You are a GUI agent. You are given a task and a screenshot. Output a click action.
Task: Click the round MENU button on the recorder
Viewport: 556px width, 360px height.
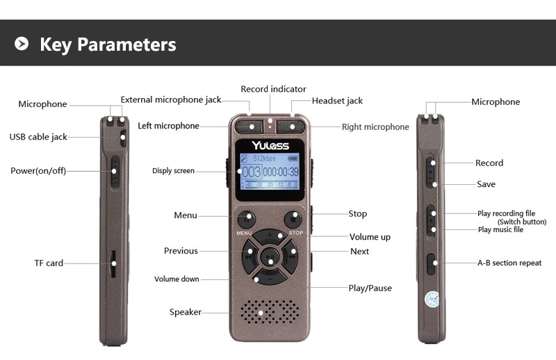[x=247, y=220]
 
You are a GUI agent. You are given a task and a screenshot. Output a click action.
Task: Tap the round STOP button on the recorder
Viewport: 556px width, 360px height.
[x=293, y=220]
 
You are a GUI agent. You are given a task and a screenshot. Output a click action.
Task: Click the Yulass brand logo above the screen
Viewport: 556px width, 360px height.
[x=270, y=145]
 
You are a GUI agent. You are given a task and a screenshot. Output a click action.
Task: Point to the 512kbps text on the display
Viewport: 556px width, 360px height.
[x=264, y=158]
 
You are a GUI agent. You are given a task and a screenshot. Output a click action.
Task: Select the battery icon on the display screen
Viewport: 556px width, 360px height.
[x=293, y=158]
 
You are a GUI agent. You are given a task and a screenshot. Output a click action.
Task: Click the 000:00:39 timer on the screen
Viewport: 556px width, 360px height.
[x=281, y=172]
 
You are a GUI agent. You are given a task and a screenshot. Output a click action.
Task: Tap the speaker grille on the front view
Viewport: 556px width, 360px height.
[x=270, y=312]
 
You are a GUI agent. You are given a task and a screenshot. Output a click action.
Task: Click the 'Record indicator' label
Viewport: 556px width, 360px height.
[x=273, y=89]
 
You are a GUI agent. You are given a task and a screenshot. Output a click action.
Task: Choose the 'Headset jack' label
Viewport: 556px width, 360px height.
[x=337, y=101]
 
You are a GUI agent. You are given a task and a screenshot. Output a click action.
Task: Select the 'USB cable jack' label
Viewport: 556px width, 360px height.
[x=38, y=137]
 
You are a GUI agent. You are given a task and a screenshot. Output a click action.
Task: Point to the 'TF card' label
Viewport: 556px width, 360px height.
[x=49, y=263]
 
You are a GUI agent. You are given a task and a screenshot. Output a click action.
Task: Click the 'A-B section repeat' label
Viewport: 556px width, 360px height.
[x=509, y=263]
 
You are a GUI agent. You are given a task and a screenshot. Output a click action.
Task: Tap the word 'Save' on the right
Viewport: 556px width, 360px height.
[x=486, y=184]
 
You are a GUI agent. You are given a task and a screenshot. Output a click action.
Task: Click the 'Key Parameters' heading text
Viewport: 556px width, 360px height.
[x=108, y=44]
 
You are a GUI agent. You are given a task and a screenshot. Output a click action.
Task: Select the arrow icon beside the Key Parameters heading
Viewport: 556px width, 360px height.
[x=22, y=44]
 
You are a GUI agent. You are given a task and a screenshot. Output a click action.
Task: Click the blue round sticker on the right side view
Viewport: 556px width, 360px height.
[x=432, y=300]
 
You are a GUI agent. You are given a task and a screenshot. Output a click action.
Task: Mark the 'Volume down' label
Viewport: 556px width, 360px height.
[x=177, y=279]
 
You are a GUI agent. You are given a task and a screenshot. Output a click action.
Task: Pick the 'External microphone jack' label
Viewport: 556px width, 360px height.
[x=171, y=99]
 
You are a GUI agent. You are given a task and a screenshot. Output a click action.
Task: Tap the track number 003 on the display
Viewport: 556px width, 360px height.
[x=252, y=172]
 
